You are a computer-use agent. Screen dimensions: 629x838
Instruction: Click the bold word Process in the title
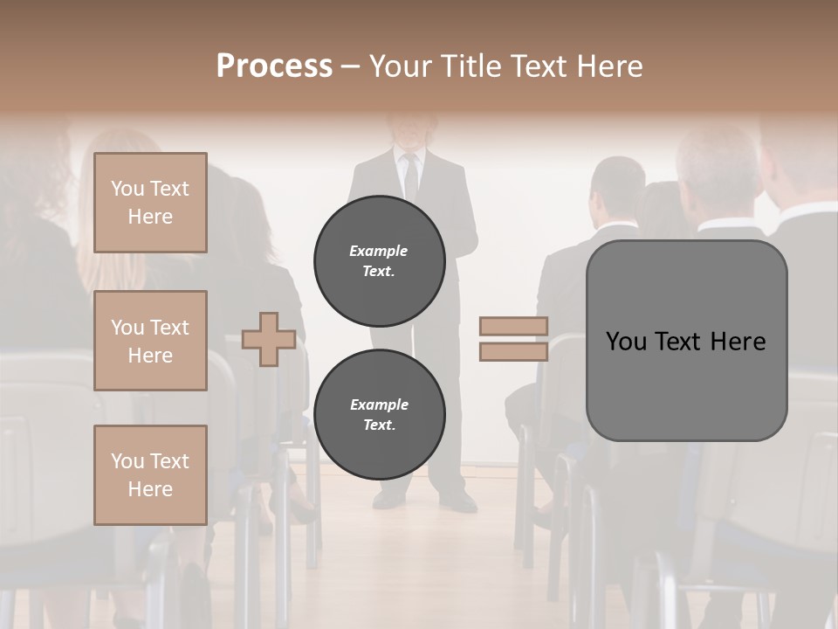pos(274,66)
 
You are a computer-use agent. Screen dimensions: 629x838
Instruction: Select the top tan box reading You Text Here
pos(150,203)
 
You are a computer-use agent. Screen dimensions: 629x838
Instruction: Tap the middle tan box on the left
pos(150,341)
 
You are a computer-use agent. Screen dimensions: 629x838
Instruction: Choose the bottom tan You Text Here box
pos(150,474)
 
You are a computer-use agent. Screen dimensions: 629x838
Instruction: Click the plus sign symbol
pos(268,339)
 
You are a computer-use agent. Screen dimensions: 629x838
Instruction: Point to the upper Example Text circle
pos(380,260)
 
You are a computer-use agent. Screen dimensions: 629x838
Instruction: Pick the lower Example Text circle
pos(380,414)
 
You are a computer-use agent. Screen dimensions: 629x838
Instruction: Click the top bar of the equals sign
pos(514,326)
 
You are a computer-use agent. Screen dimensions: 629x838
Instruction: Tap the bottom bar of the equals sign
pos(514,351)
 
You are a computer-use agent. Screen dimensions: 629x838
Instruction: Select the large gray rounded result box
pos(686,341)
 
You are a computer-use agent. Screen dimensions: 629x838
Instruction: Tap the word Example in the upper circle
pos(378,251)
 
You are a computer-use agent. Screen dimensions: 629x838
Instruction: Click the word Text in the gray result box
pos(682,342)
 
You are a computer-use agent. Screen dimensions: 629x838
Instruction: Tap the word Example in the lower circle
pos(379,404)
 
